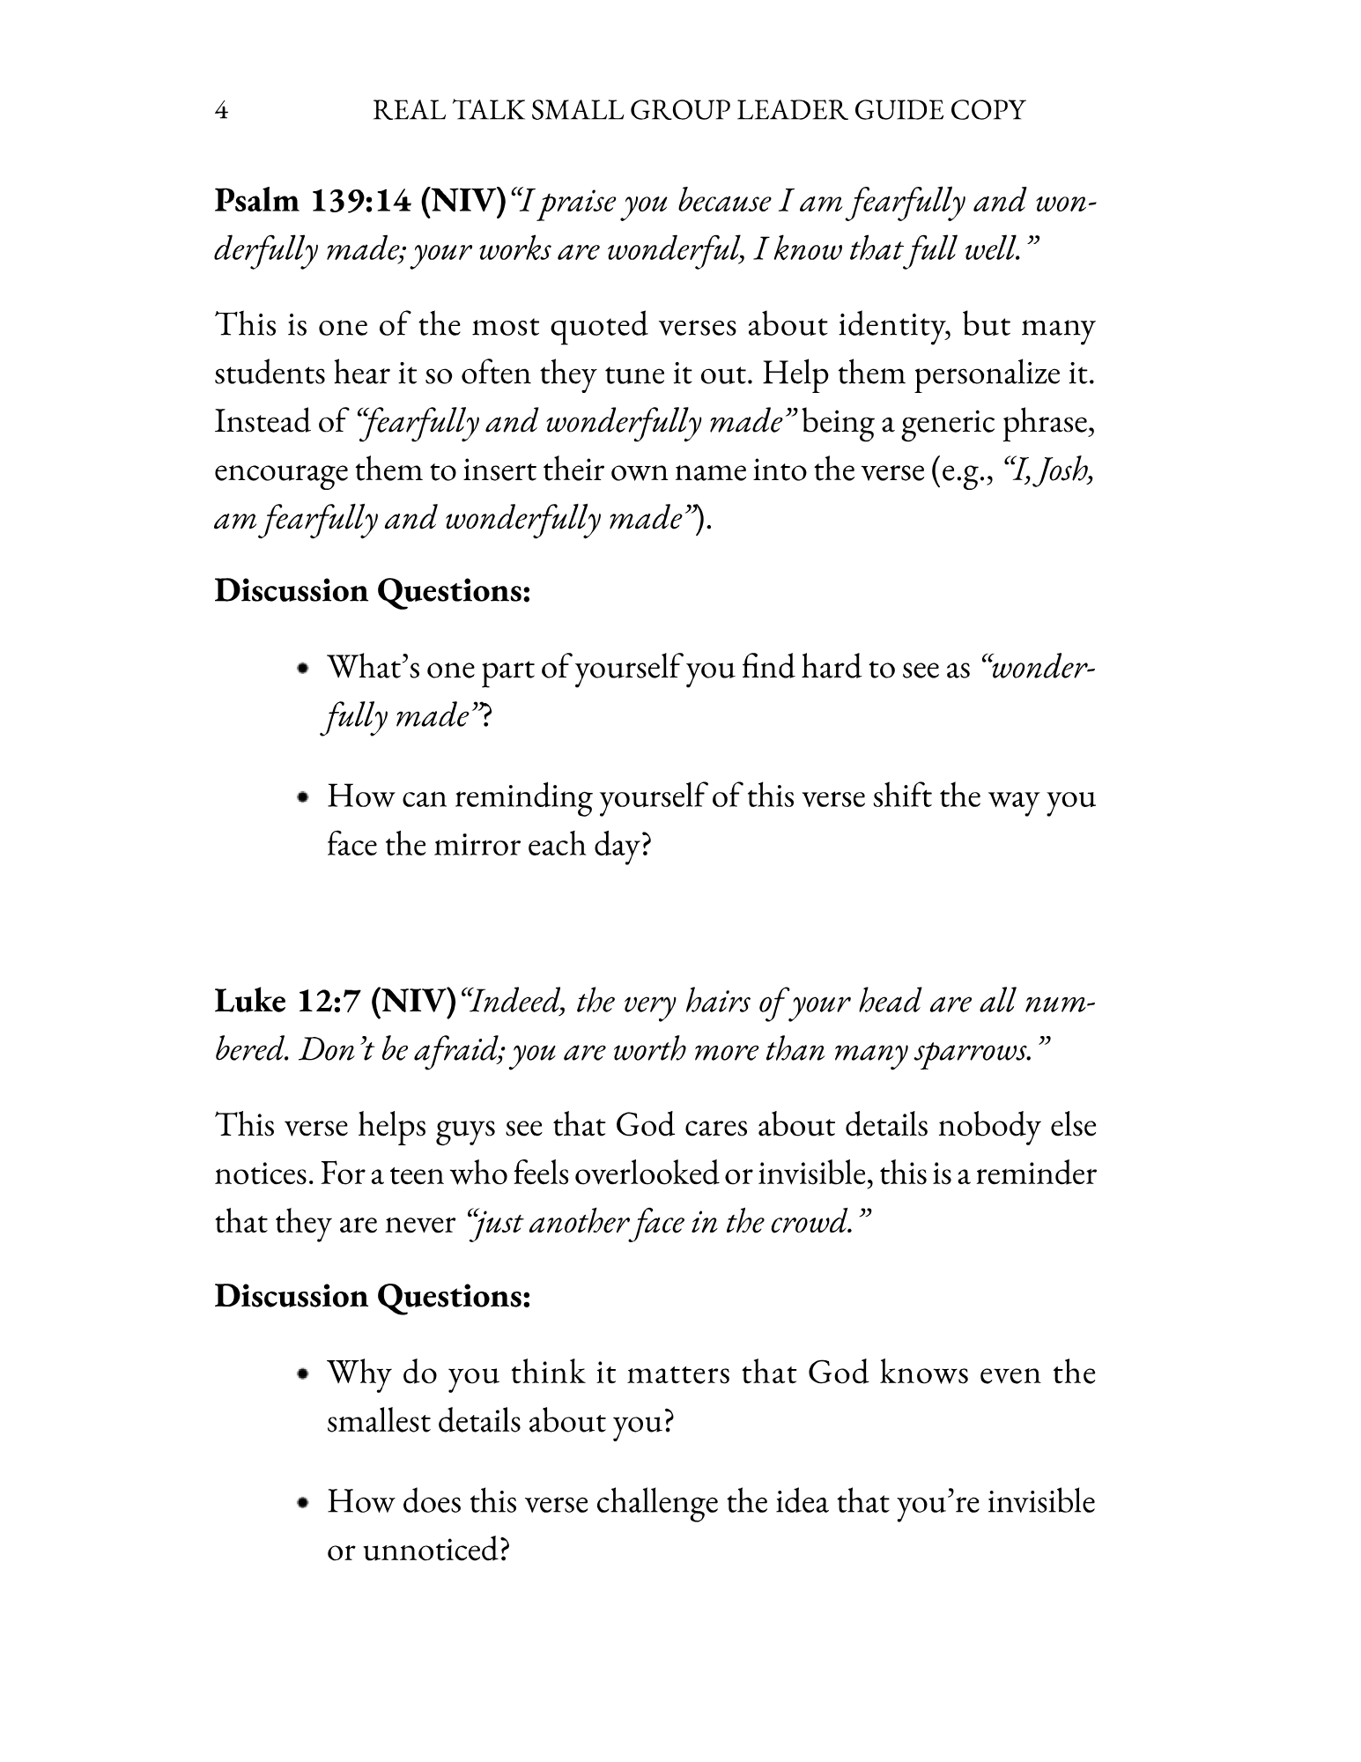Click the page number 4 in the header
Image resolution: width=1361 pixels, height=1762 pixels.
[x=222, y=112]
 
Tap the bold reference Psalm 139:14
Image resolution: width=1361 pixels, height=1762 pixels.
[x=313, y=202]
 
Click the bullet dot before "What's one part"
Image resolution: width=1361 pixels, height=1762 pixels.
[x=304, y=669]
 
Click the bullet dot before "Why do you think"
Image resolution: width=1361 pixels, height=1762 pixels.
[x=304, y=1373]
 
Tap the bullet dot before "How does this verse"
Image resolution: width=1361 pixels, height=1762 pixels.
[x=304, y=1502]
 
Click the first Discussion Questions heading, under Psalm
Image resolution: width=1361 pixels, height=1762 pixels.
[x=373, y=590]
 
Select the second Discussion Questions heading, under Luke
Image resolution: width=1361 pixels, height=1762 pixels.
[x=373, y=1296]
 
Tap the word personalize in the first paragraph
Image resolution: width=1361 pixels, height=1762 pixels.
[x=986, y=374]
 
